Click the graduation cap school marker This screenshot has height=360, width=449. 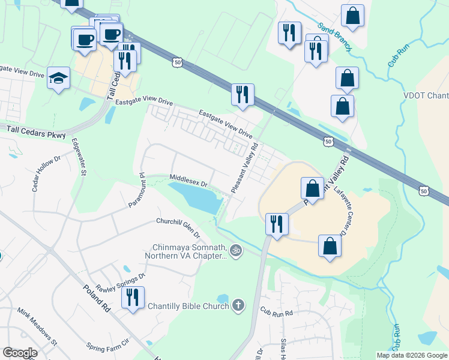point(59,78)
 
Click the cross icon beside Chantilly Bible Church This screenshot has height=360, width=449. point(238,306)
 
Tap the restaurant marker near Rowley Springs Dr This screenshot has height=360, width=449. point(133,298)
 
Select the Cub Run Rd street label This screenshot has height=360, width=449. point(276,313)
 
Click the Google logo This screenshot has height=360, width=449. point(19,353)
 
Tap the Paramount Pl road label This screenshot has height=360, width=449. point(136,190)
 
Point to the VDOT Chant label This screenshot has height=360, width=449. point(426,97)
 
